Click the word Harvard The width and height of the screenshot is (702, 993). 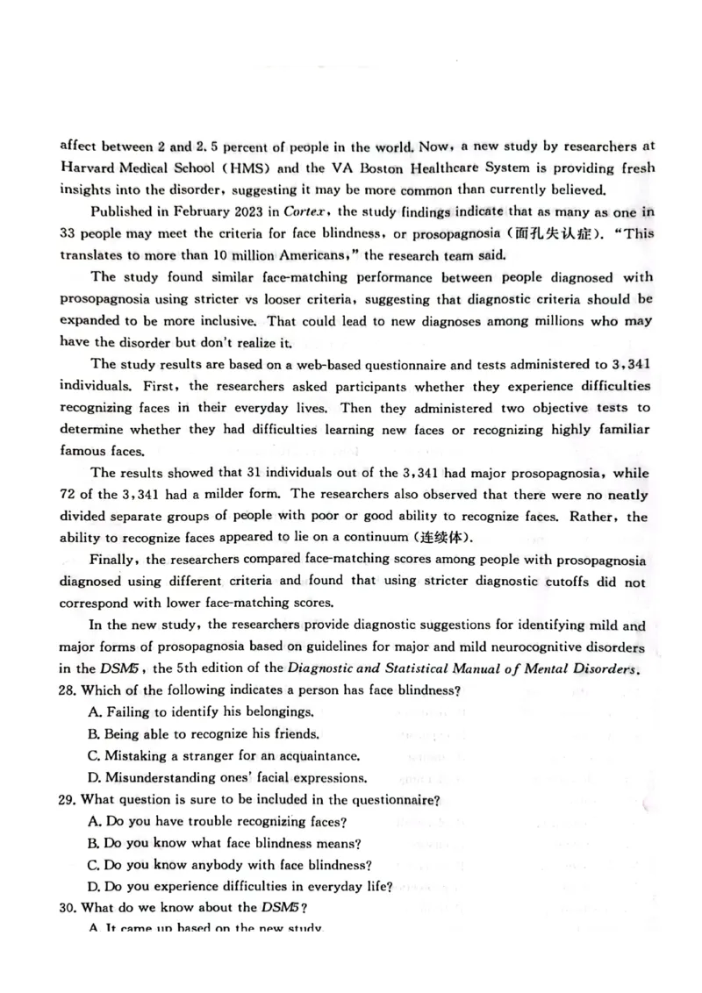click(92, 168)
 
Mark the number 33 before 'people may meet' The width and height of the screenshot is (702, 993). click(69, 233)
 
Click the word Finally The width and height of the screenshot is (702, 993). click(118, 560)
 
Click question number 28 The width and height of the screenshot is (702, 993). click(68, 690)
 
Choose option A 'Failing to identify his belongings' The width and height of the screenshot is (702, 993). click(200, 712)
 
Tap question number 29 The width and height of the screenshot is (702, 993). click(68, 799)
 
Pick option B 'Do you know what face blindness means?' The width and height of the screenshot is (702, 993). click(231, 843)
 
